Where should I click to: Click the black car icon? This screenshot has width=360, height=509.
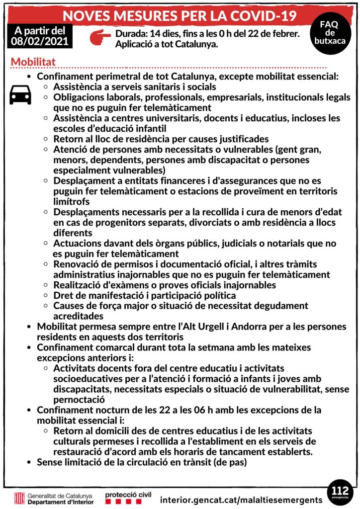(x=20, y=94)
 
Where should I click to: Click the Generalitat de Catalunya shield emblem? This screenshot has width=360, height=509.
(x=19, y=499)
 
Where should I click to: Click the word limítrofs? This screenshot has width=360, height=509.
(x=72, y=201)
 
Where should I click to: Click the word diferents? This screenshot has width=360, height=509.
(x=73, y=233)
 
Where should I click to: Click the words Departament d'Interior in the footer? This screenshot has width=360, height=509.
(x=60, y=502)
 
